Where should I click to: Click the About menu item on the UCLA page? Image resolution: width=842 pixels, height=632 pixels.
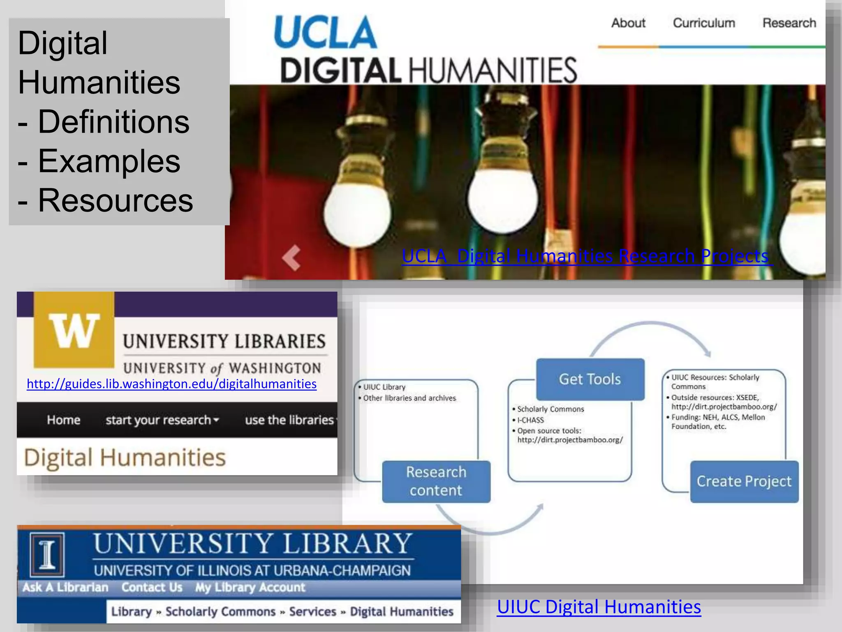click(x=628, y=23)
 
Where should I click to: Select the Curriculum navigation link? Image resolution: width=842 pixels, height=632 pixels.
click(x=704, y=23)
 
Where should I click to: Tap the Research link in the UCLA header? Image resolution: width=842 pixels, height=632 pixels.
click(x=789, y=23)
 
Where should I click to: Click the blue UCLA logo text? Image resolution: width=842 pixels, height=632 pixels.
click(x=325, y=33)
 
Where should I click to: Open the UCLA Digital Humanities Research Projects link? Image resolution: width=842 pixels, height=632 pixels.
click(x=585, y=256)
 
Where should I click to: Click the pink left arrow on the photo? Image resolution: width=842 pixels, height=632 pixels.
click(x=291, y=258)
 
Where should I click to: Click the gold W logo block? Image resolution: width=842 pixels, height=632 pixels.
click(x=74, y=329)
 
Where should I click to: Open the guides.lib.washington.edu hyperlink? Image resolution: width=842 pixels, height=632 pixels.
click(x=171, y=384)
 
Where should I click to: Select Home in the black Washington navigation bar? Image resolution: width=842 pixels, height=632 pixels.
click(x=63, y=420)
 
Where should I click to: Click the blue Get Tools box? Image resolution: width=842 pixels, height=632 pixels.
click(x=590, y=379)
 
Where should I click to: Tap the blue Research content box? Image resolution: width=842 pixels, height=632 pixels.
click(x=436, y=481)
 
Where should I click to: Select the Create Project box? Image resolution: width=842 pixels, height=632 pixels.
click(x=744, y=481)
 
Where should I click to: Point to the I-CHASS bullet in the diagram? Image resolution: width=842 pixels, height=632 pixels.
click(x=530, y=420)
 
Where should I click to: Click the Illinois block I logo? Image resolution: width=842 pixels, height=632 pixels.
click(x=47, y=554)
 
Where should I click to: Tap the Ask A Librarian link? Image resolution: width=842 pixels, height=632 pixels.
click(x=65, y=587)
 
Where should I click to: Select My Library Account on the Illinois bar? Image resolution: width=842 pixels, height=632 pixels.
click(x=250, y=587)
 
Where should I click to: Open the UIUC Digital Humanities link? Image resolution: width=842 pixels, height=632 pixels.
click(x=599, y=607)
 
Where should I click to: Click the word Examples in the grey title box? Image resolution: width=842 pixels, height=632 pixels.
click(x=109, y=161)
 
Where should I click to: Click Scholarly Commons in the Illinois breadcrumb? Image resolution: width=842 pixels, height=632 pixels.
click(x=220, y=612)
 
